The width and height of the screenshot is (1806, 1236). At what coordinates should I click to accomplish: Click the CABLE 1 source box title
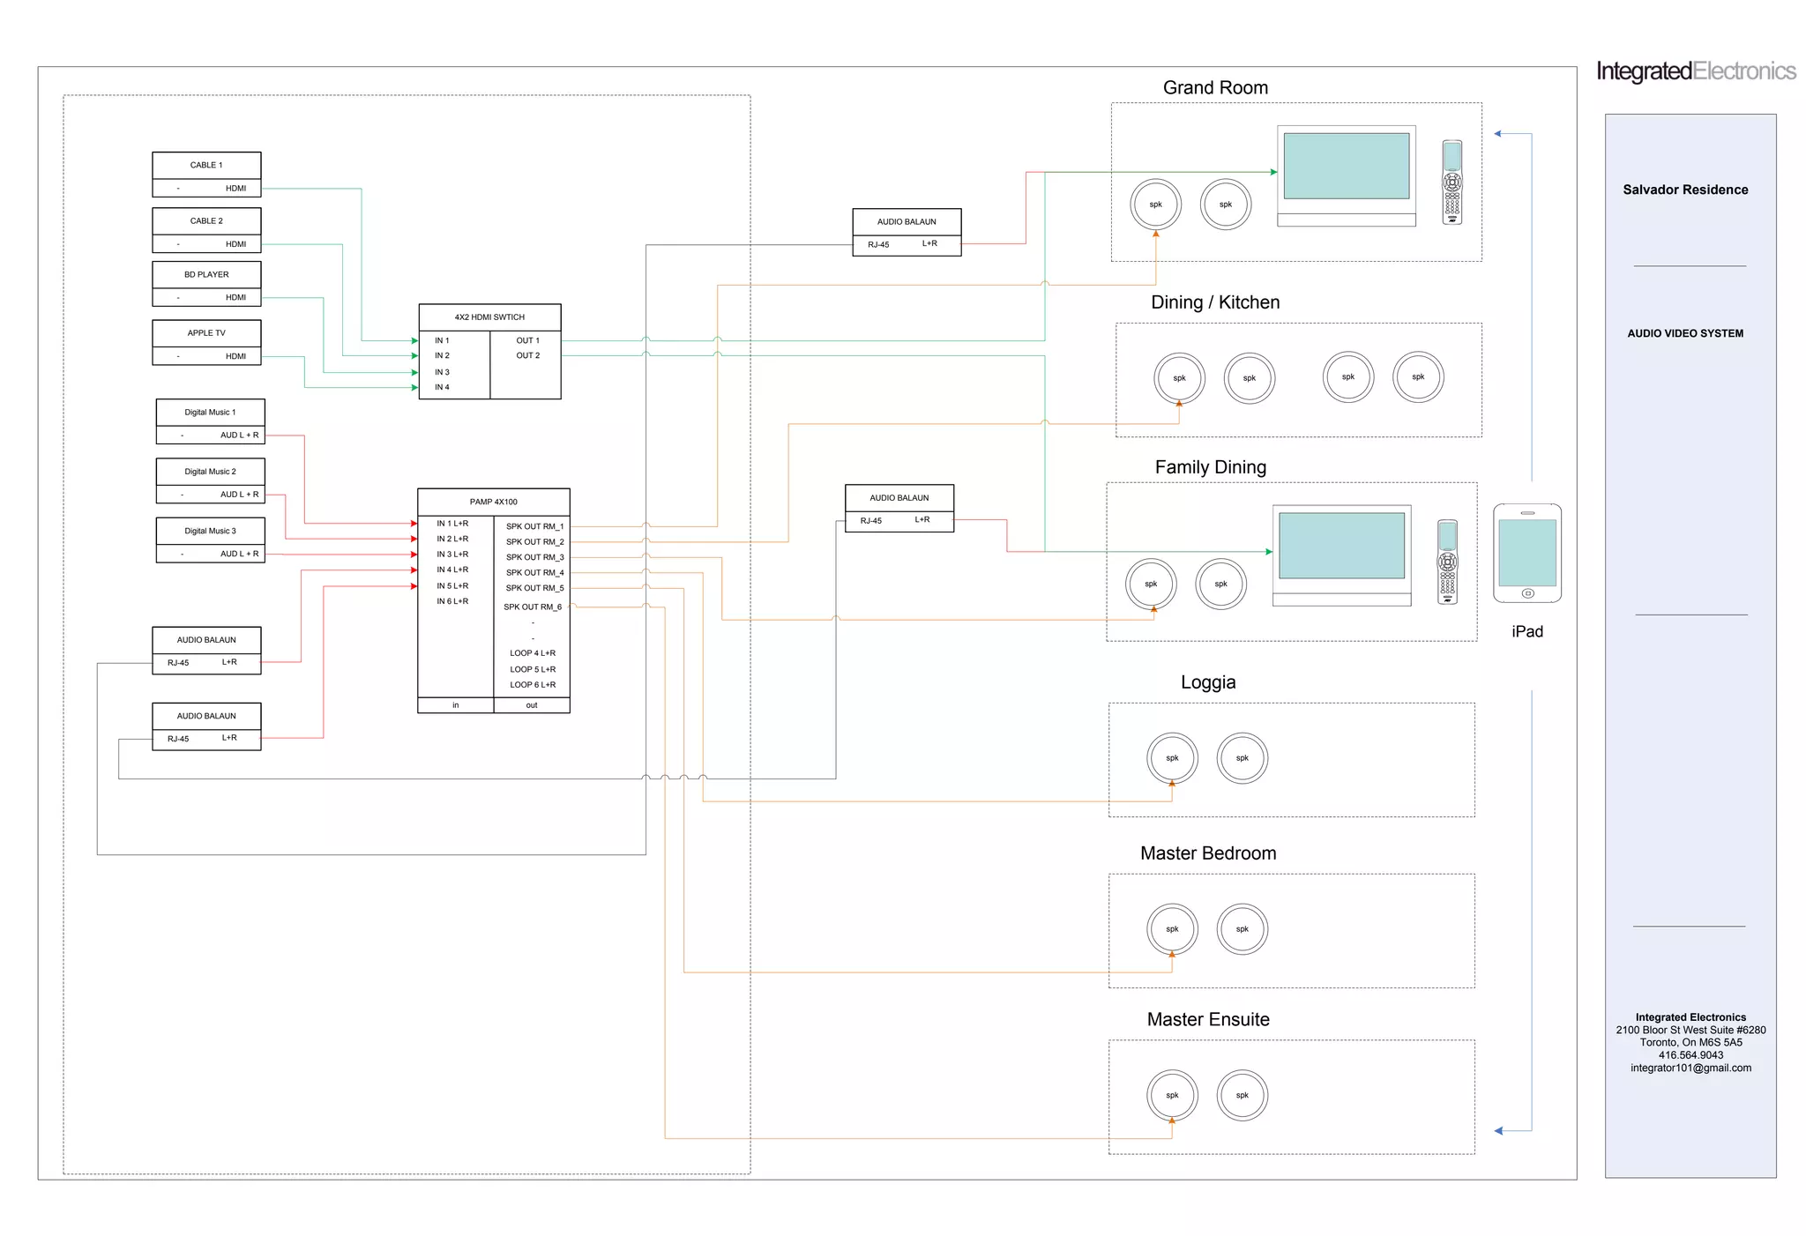[x=206, y=165]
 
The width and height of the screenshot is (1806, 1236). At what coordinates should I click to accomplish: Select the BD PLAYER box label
[x=206, y=274]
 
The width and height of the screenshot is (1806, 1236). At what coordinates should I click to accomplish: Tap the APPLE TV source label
[x=206, y=333]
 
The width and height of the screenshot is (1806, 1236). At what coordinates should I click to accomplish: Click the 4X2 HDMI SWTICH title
[x=489, y=317]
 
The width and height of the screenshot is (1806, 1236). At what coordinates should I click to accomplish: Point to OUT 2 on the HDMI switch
[x=527, y=356]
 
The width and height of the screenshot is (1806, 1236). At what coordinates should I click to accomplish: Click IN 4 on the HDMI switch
[x=442, y=388]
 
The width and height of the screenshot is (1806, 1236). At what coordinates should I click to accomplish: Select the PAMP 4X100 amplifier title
[x=493, y=502]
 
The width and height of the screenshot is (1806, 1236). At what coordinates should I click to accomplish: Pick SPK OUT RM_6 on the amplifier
[x=532, y=607]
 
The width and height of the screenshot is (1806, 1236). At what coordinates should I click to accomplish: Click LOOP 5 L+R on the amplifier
[x=532, y=669]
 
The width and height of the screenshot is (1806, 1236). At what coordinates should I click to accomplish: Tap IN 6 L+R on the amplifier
[x=452, y=601]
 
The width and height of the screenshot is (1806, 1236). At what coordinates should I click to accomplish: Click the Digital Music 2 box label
[x=210, y=472]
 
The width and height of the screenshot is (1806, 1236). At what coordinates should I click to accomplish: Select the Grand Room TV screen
[x=1346, y=167]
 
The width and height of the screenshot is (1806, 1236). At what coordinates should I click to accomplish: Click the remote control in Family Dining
[x=1447, y=562]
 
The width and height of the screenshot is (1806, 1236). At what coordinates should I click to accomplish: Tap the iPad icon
[x=1527, y=554]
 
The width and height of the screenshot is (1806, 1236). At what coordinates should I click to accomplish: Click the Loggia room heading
[x=1207, y=682]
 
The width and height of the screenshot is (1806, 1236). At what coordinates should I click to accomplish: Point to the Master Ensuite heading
[x=1207, y=1020]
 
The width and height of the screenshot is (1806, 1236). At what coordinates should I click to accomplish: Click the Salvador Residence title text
[x=1685, y=190]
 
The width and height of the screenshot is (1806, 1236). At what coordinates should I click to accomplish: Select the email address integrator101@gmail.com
[x=1690, y=1068]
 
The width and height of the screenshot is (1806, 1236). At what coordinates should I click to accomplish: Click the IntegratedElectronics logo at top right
[x=1695, y=71]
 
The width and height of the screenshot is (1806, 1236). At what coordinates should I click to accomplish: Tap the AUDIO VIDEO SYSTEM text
[x=1685, y=333]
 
